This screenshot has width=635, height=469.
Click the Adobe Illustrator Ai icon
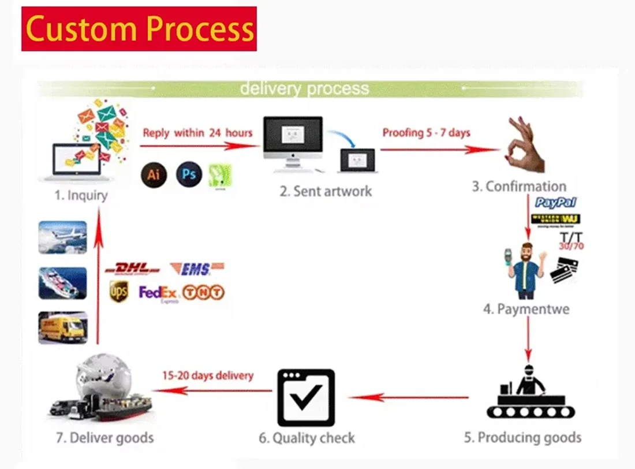tap(154, 174)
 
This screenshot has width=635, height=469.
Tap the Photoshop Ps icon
tap(189, 174)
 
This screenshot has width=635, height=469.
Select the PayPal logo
tap(555, 203)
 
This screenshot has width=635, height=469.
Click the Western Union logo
tap(555, 219)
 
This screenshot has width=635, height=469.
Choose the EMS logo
tap(197, 269)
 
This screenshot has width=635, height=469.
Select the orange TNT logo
tap(203, 292)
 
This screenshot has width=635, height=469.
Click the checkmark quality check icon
tap(306, 397)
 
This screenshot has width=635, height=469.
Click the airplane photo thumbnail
tap(63, 237)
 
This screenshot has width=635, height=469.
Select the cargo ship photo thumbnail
tap(63, 283)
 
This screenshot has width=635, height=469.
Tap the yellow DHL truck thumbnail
tap(63, 327)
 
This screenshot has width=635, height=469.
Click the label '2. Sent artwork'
tap(326, 191)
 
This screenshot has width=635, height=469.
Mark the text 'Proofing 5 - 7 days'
tap(426, 133)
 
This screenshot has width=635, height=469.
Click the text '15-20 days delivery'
tap(208, 375)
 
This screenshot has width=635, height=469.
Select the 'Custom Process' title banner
tap(139, 29)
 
